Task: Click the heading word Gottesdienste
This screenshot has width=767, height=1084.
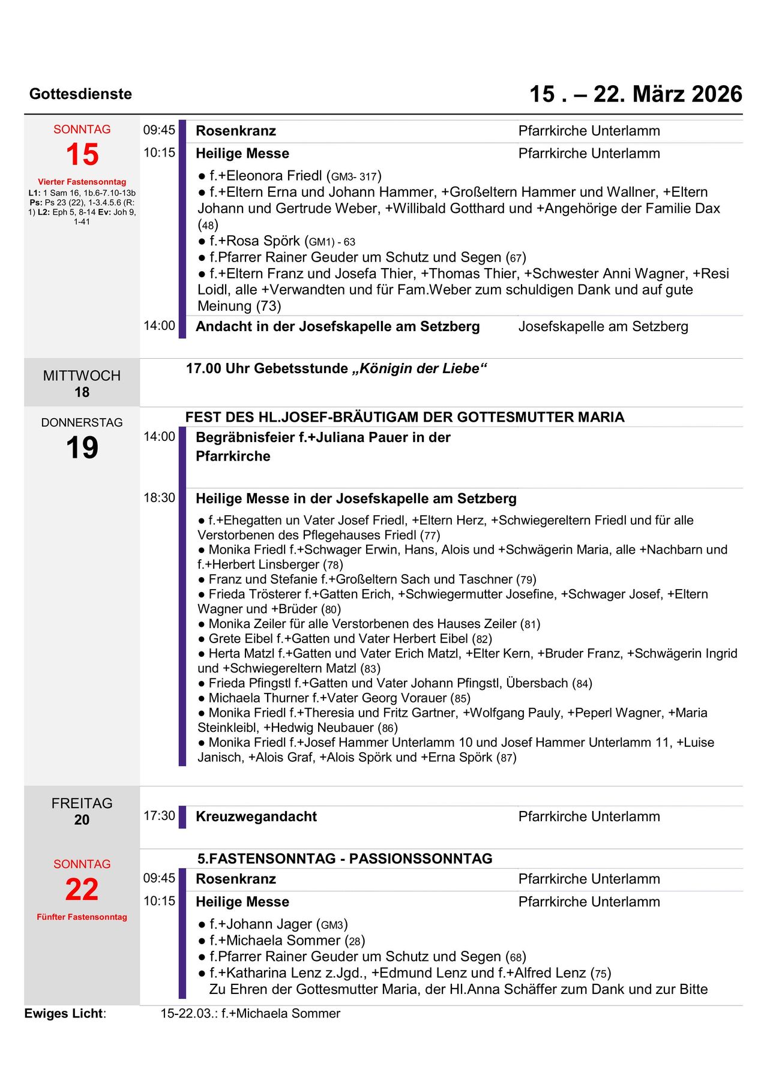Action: coord(80,94)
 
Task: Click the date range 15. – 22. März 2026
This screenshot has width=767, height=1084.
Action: coord(636,94)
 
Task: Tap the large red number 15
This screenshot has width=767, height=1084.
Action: coord(82,154)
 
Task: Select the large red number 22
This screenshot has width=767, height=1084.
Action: coord(82,889)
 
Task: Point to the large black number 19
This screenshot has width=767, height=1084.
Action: coord(82,448)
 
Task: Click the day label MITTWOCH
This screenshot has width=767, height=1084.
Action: coord(82,376)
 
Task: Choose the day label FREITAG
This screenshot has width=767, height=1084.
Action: coord(82,803)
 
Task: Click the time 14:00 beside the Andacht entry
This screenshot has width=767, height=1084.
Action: coord(159,326)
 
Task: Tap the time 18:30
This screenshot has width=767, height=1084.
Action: coord(159,498)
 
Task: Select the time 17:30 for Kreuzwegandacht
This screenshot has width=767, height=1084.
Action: coord(159,816)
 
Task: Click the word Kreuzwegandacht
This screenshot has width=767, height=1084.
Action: coord(256,816)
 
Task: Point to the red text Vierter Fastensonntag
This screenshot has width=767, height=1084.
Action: coord(82,182)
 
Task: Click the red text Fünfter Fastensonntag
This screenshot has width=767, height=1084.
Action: coord(82,917)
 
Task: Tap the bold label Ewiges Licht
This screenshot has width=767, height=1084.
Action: coord(64,1013)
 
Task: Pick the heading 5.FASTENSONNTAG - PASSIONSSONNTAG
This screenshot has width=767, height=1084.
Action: coord(344,858)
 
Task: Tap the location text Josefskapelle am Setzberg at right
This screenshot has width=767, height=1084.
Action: coord(603,326)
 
